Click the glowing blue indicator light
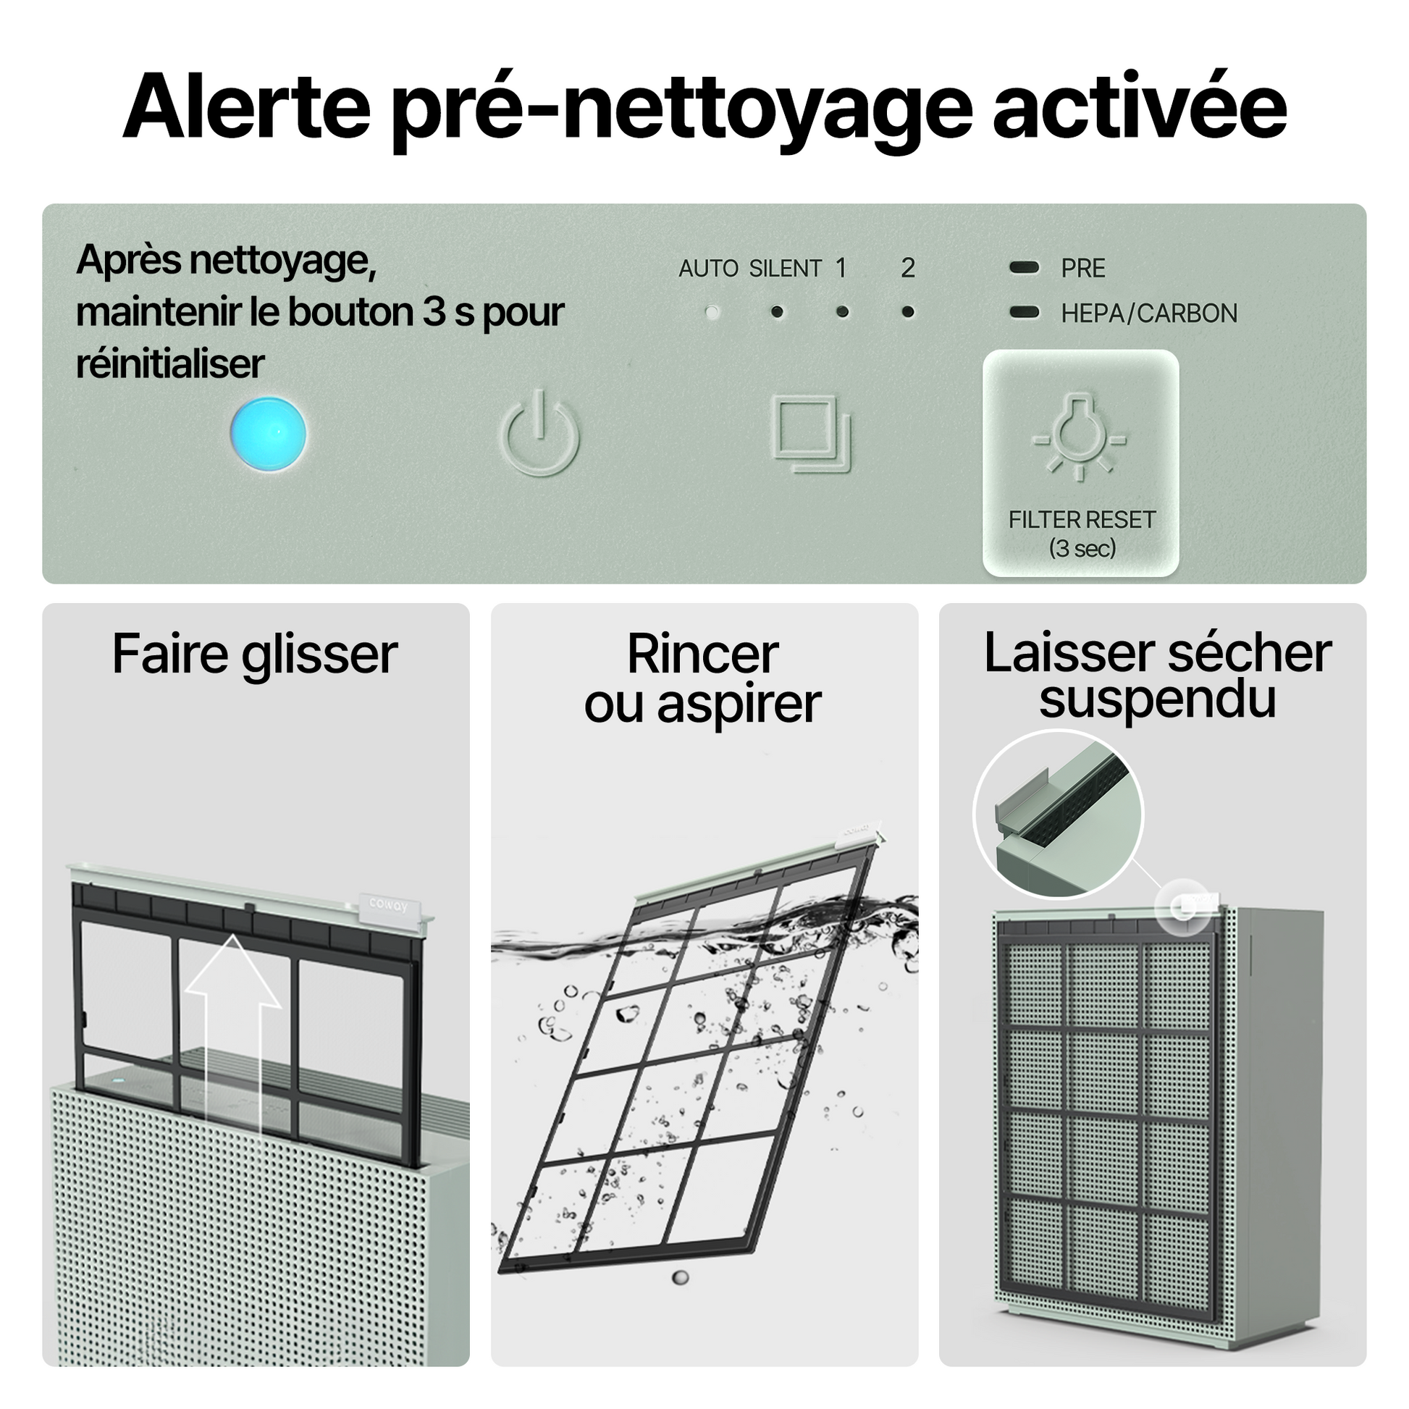click(269, 434)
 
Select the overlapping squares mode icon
click(811, 434)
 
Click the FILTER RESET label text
click(1082, 520)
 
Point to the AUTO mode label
click(708, 269)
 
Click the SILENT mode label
click(786, 269)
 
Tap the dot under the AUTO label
click(712, 312)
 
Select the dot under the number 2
click(908, 312)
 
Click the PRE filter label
click(1083, 269)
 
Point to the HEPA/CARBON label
click(1149, 314)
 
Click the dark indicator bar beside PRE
click(1024, 268)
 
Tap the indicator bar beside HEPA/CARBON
click(1024, 312)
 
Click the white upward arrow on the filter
click(232, 1035)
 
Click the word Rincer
click(703, 655)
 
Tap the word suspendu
click(1157, 699)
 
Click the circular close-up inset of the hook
click(1059, 814)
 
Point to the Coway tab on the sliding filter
click(388, 904)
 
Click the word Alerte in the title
click(247, 107)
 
